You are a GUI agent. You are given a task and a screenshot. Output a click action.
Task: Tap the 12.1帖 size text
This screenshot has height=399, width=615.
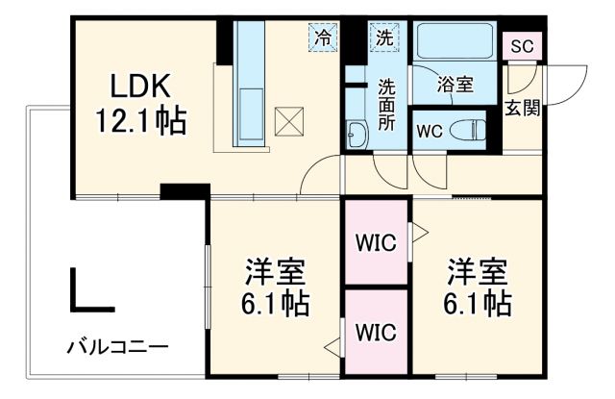click(x=140, y=122)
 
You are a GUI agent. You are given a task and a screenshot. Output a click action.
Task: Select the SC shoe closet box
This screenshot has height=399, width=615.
click(x=524, y=45)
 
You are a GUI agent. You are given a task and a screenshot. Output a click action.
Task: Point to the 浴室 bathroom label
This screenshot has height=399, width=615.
click(x=455, y=85)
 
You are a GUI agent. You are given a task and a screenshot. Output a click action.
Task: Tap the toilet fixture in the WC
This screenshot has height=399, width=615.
click(x=469, y=130)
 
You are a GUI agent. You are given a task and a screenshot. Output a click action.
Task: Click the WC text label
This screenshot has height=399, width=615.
click(x=429, y=132)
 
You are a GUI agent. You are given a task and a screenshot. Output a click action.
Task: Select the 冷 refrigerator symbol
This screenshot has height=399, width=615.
click(x=324, y=38)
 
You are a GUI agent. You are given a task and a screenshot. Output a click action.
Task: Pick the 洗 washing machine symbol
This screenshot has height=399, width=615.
click(x=383, y=38)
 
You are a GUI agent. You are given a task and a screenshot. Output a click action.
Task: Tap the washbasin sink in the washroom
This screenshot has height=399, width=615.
click(x=357, y=135)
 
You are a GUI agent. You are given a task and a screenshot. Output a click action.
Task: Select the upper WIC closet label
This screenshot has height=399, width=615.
click(x=377, y=243)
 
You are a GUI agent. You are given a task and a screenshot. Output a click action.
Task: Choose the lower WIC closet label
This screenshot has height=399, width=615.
click(x=377, y=332)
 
